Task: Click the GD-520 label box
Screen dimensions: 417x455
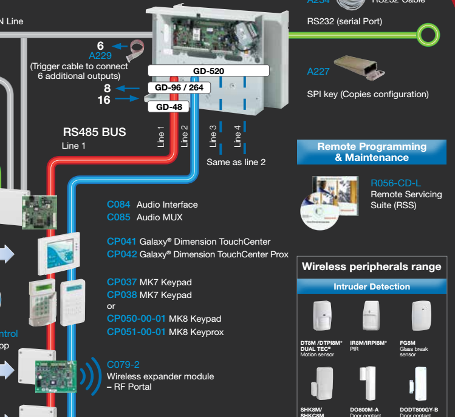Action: [208, 71]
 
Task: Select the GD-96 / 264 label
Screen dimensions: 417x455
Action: [179, 88]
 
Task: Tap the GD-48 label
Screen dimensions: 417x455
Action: [169, 107]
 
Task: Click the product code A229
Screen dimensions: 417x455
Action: [100, 55]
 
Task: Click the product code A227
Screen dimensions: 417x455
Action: [318, 72]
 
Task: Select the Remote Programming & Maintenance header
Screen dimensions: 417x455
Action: [372, 152]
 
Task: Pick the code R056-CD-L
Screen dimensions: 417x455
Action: [395, 183]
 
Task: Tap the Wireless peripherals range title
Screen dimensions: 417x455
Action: [372, 266]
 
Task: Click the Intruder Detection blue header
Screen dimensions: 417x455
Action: [372, 286]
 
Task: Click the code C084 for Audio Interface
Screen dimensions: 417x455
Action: [118, 205]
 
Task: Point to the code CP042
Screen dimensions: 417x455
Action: [121, 254]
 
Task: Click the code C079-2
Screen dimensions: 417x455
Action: [123, 364]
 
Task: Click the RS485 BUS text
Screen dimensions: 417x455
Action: [94, 132]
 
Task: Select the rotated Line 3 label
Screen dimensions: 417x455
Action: [213, 137]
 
